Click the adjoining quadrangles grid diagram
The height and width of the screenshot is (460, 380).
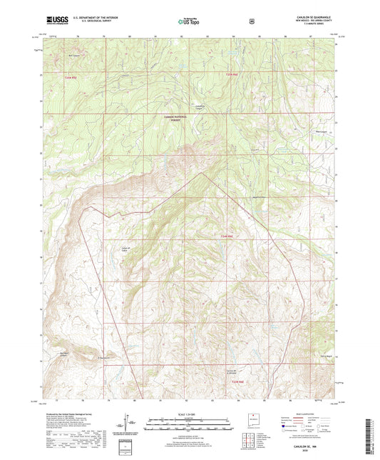click(x=247, y=437)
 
